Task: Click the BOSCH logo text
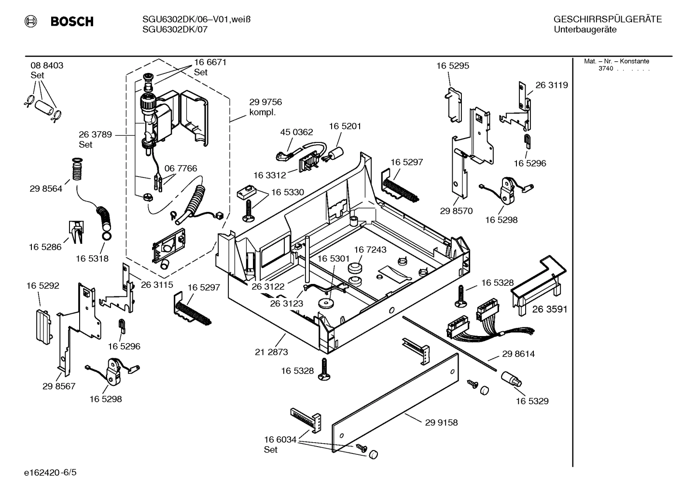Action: (72, 22)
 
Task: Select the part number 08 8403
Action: (47, 66)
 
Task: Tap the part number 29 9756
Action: (265, 102)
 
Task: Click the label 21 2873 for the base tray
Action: (271, 352)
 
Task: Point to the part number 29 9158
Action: (441, 422)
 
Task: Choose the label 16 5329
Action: (532, 401)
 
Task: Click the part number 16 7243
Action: (370, 250)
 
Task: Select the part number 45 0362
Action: (296, 132)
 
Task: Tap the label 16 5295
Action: (453, 66)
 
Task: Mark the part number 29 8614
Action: (518, 354)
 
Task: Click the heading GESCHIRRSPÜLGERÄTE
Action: (607, 20)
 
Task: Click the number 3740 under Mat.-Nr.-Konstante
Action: (605, 69)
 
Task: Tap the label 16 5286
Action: (45, 247)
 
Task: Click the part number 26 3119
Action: (552, 85)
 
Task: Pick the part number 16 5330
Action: (288, 192)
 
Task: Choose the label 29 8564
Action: (46, 189)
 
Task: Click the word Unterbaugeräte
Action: (585, 30)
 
